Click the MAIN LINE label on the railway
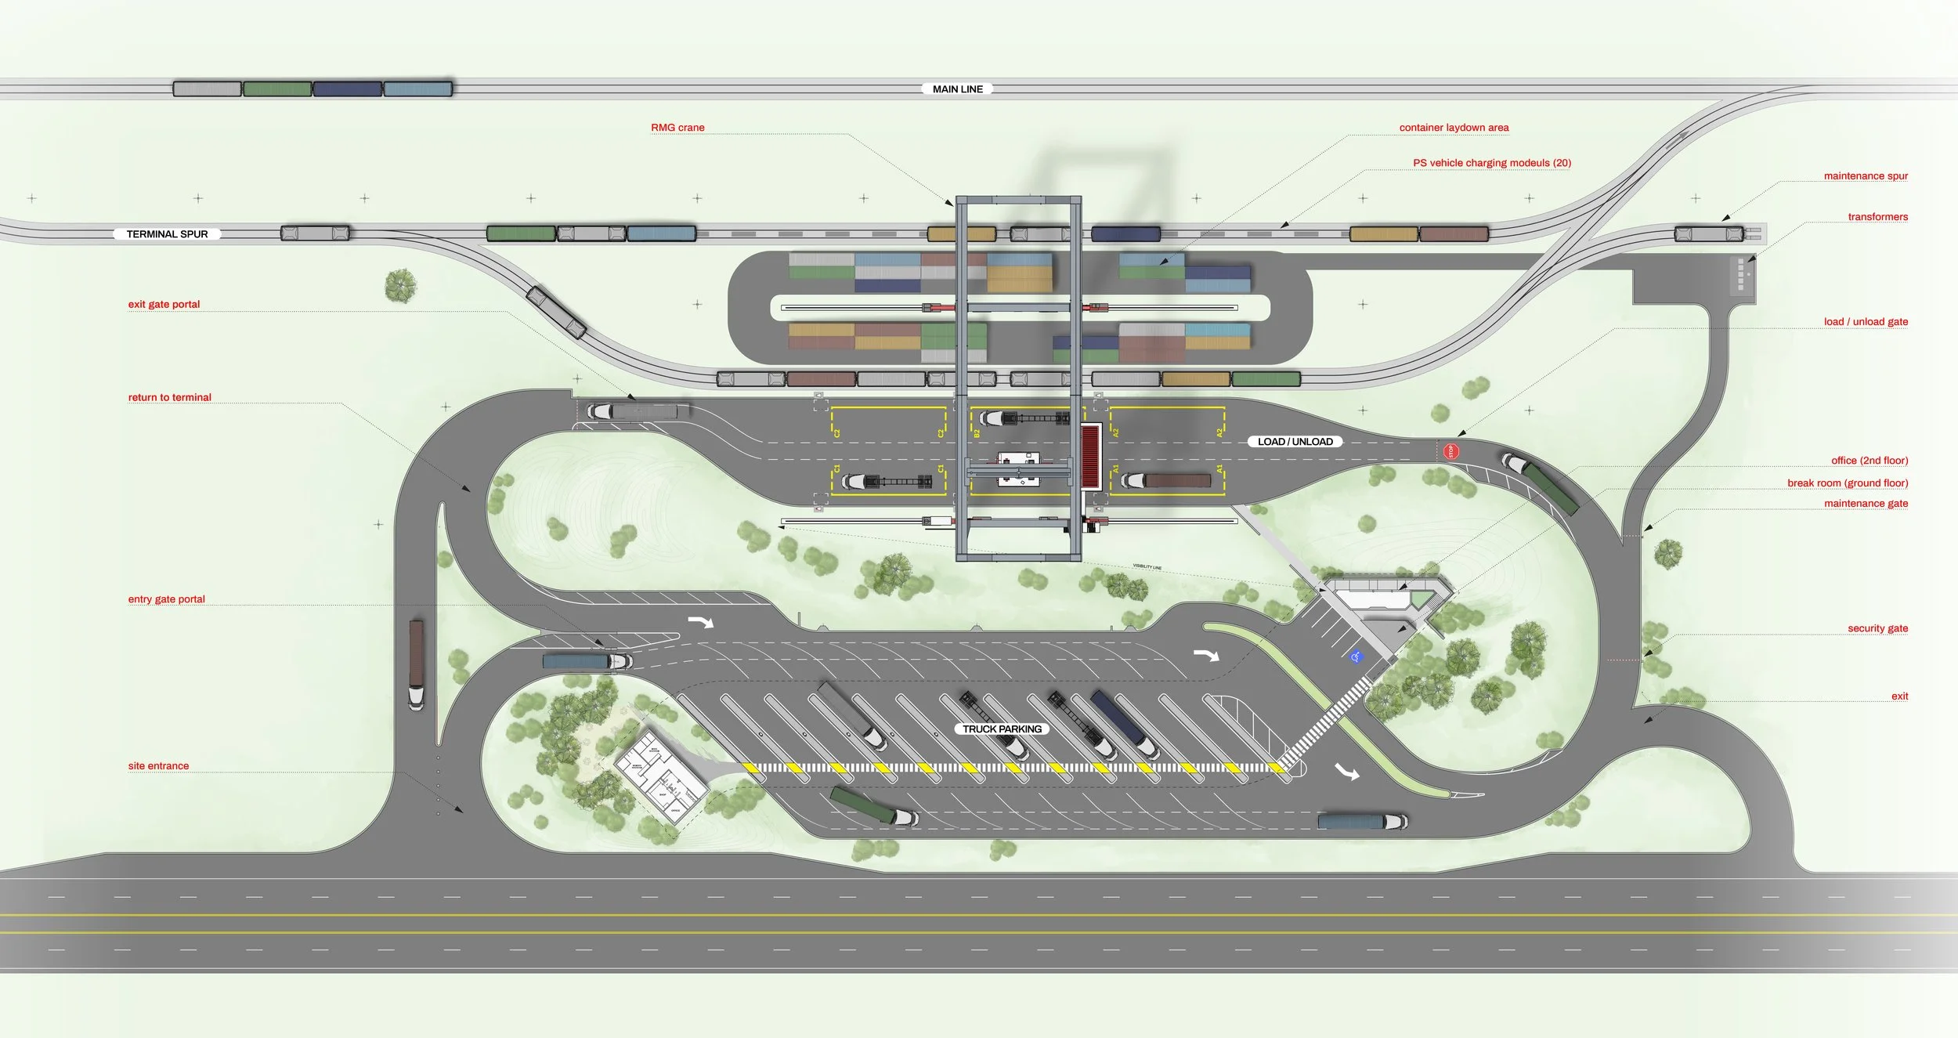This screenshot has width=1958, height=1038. pyautogui.click(x=957, y=89)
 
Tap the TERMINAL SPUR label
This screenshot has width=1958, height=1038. pyautogui.click(x=167, y=234)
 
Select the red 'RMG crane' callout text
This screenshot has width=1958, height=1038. pyautogui.click(x=677, y=128)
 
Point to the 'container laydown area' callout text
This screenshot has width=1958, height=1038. pyautogui.click(x=1454, y=128)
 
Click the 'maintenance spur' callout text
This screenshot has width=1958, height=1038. pyautogui.click(x=1866, y=176)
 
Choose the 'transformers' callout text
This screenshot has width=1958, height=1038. pyautogui.click(x=1877, y=217)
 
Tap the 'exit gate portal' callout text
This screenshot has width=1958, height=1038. pyautogui.click(x=164, y=304)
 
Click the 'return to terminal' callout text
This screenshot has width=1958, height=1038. pyautogui.click(x=169, y=397)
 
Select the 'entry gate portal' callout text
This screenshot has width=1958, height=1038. pyautogui.click(x=166, y=599)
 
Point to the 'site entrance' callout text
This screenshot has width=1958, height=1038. pyautogui.click(x=158, y=766)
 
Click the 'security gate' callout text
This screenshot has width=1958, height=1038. pyautogui.click(x=1877, y=628)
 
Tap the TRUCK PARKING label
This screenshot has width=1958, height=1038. pyautogui.click(x=1002, y=729)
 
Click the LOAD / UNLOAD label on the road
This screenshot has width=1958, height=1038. pyautogui.click(x=1295, y=442)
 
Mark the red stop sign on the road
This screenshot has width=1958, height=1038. pyautogui.click(x=1450, y=451)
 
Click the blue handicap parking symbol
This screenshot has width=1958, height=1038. pyautogui.click(x=1357, y=656)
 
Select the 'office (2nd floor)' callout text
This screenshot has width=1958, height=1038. pyautogui.click(x=1869, y=461)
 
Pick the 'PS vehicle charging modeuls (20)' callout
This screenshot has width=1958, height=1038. pyautogui.click(x=1492, y=163)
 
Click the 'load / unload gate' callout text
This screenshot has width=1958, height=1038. pyautogui.click(x=1866, y=322)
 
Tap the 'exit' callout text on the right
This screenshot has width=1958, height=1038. pyautogui.click(x=1899, y=696)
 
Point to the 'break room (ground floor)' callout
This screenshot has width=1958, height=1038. pyautogui.click(x=1848, y=483)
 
